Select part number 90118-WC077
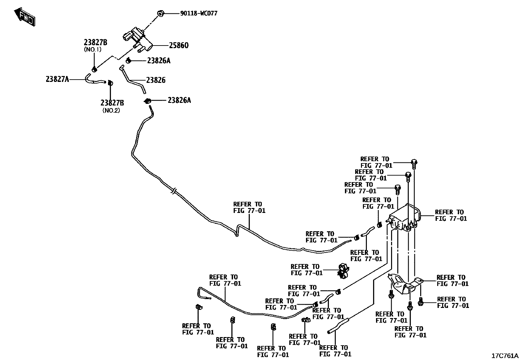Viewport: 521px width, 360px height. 199,13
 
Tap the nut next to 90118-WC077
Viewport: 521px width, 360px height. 160,13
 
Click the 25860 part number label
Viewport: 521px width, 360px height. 179,46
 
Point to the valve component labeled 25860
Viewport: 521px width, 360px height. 137,39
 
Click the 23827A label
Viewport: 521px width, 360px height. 57,79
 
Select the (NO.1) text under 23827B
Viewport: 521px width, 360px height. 93,50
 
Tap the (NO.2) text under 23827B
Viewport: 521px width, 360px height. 111,111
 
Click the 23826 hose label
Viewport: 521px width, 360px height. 156,80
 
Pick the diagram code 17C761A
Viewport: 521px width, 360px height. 505,356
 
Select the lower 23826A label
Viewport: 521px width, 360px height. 179,100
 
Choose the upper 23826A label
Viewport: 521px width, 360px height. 159,61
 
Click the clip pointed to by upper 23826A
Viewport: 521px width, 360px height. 129,60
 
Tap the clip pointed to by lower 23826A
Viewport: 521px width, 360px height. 148,101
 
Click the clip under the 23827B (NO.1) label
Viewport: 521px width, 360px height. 94,69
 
